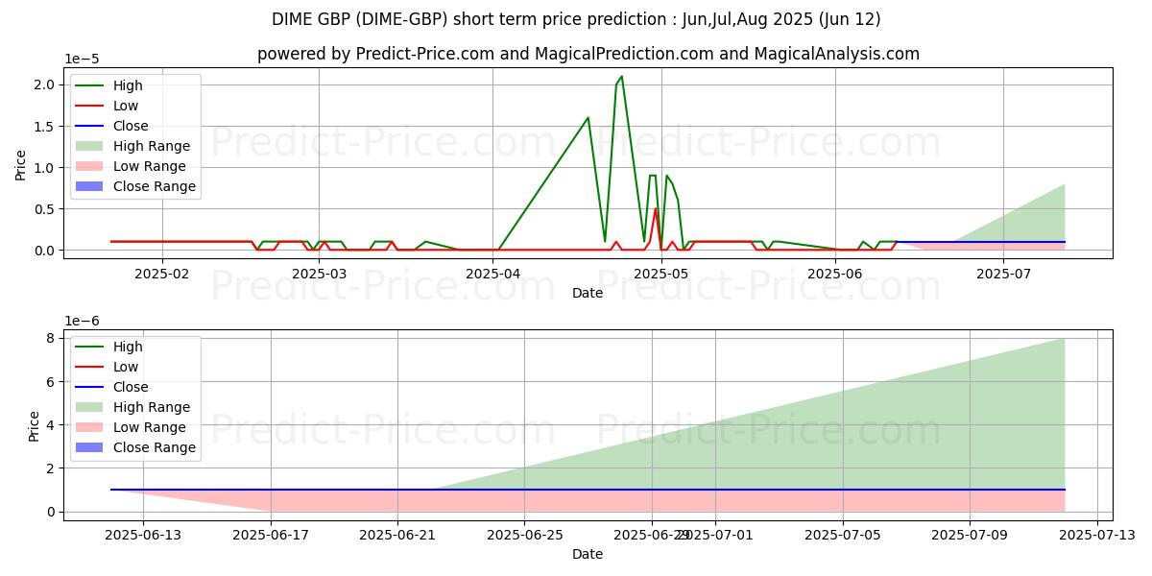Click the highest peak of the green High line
[621, 76]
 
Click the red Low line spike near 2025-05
[656, 209]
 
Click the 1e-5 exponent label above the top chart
[83, 60]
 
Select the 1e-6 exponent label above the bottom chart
[83, 321]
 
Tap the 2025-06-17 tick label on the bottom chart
[271, 536]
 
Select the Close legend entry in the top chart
[131, 126]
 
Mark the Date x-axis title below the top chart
[588, 293]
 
